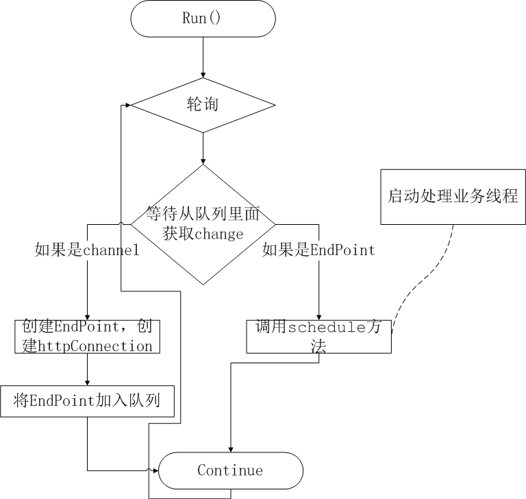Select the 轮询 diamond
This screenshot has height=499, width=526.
[203, 105]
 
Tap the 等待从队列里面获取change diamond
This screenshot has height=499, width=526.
[203, 224]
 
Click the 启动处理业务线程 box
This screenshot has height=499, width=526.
[453, 196]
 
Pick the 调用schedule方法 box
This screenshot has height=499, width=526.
[319, 336]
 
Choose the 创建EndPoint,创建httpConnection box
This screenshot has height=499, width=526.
[88, 336]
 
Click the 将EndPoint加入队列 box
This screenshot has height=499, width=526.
[88, 401]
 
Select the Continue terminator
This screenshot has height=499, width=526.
[230, 470]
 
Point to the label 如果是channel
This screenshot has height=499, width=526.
[87, 250]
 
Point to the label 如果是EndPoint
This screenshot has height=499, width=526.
[318, 250]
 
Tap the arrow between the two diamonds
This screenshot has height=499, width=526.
[203, 147]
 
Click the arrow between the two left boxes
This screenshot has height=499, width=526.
[88, 370]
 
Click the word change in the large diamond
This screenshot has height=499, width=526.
[220, 234]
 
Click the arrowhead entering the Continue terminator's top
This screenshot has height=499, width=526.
[230, 448]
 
